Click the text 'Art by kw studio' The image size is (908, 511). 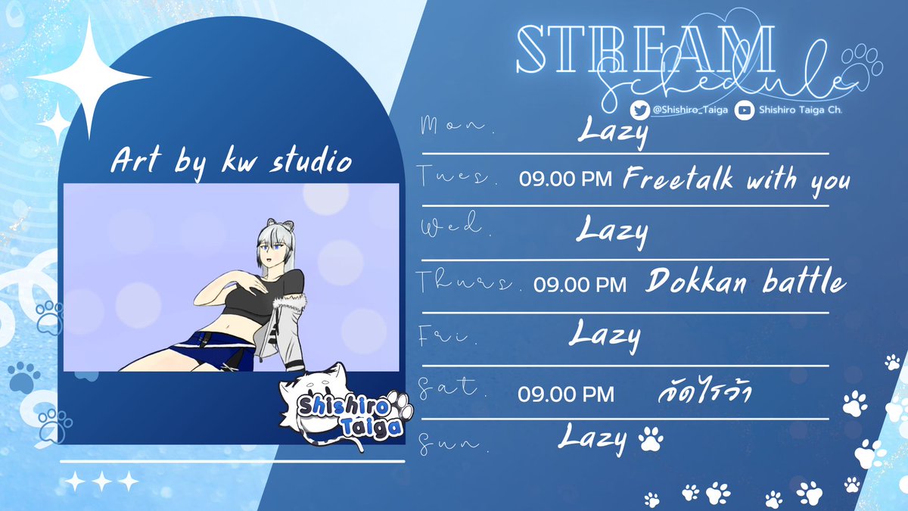231,161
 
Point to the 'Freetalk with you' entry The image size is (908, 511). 737,180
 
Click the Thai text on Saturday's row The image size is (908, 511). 704,394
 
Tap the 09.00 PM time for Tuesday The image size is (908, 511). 567,181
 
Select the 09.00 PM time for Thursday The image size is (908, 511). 580,284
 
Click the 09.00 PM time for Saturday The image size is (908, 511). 566,394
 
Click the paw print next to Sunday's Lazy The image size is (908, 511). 650,438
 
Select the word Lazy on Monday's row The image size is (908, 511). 613,132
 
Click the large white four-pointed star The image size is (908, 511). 89,78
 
